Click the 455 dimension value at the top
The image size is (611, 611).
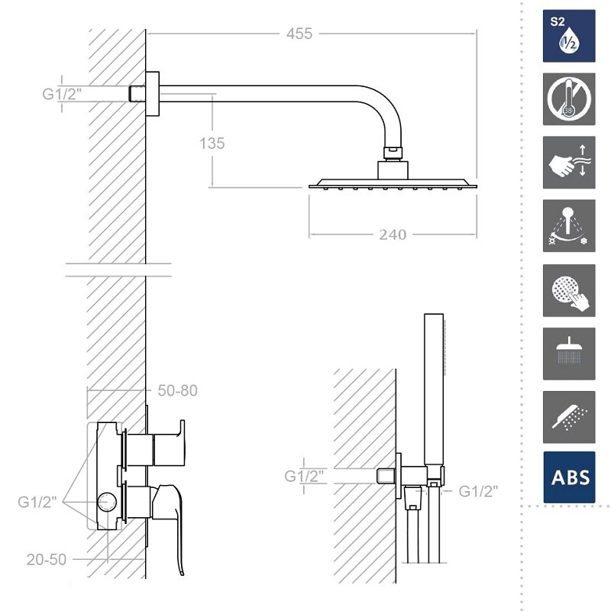pos(299,34)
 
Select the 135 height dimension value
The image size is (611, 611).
pos(212,143)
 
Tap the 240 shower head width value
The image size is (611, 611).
pos(393,234)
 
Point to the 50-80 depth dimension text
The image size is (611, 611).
pos(177,390)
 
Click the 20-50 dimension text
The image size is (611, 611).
pos(47,560)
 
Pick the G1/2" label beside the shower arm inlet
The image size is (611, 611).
pos(62,94)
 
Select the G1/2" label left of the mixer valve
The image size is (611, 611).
pos(37,502)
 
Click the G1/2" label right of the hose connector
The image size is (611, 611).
pos(478,491)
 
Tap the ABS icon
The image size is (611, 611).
pos(569,477)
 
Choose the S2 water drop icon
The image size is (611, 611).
pos(569,36)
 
